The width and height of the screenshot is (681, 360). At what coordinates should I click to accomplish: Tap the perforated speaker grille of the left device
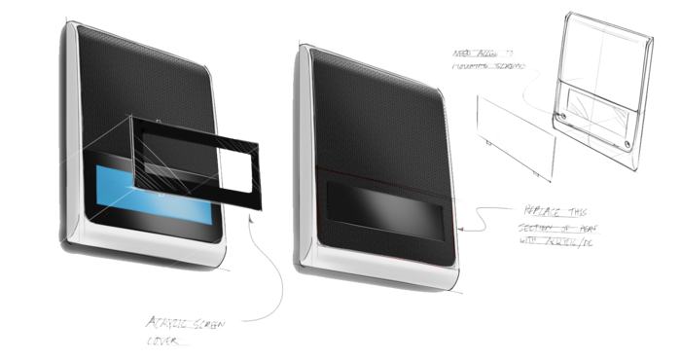click(146, 78)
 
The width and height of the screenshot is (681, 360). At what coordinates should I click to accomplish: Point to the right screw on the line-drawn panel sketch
click(627, 142)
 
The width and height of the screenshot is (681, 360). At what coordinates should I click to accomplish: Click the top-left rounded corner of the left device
click(73, 33)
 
